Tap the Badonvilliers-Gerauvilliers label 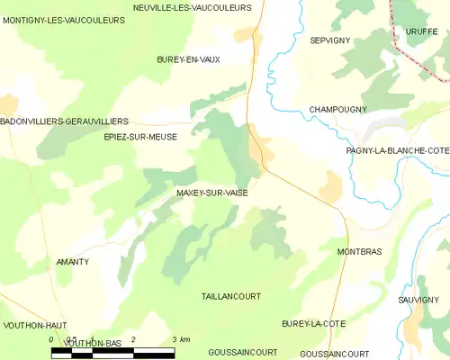64,121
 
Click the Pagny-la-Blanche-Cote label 397,150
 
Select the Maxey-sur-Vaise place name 212,193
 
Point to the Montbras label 354,252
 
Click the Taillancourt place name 230,295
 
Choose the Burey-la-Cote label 308,323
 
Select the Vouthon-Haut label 35,325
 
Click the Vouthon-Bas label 93,344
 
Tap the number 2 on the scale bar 133,339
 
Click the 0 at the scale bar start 52,339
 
